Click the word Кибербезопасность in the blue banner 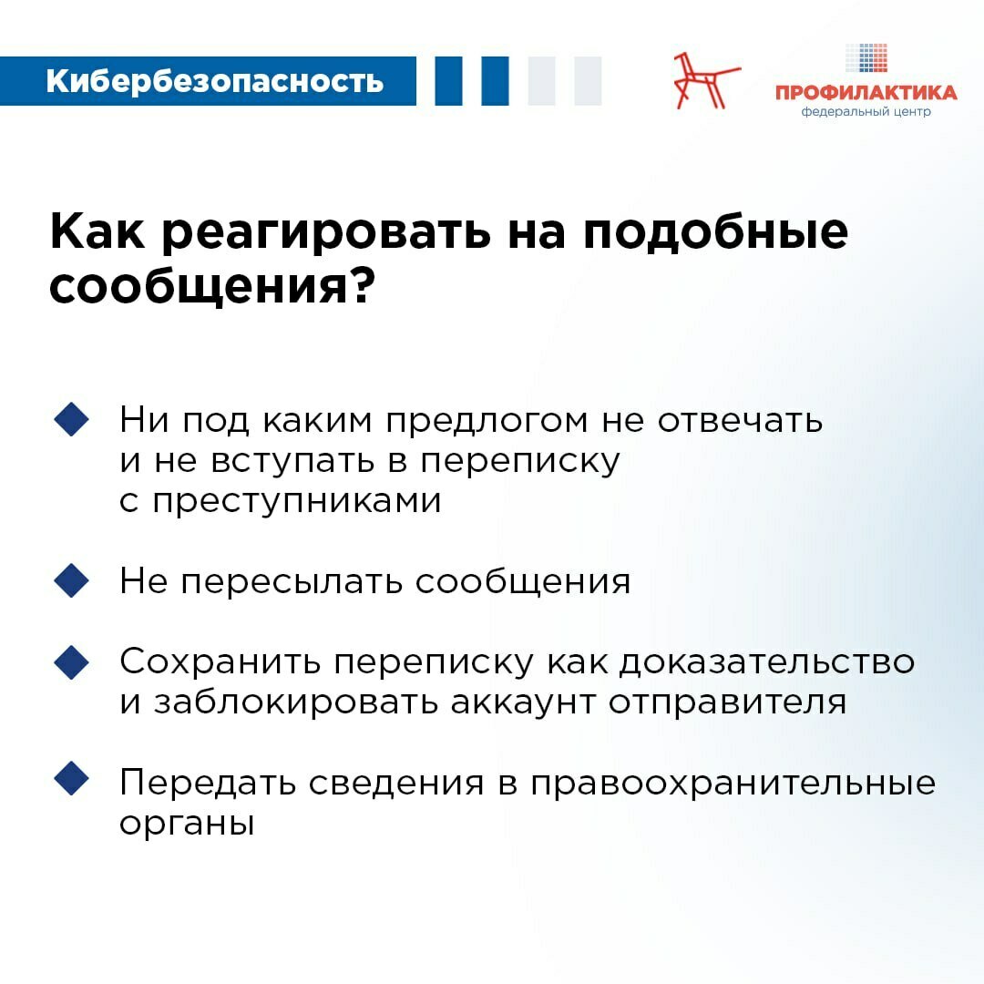pos(214,82)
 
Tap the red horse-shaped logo pos(705,80)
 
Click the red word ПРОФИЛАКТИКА pos(866,93)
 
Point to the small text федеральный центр pos(866,112)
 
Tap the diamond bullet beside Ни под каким pos(71,420)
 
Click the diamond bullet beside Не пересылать pos(71,580)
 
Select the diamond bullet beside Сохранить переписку pos(71,661)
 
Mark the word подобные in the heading pos(715,234)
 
